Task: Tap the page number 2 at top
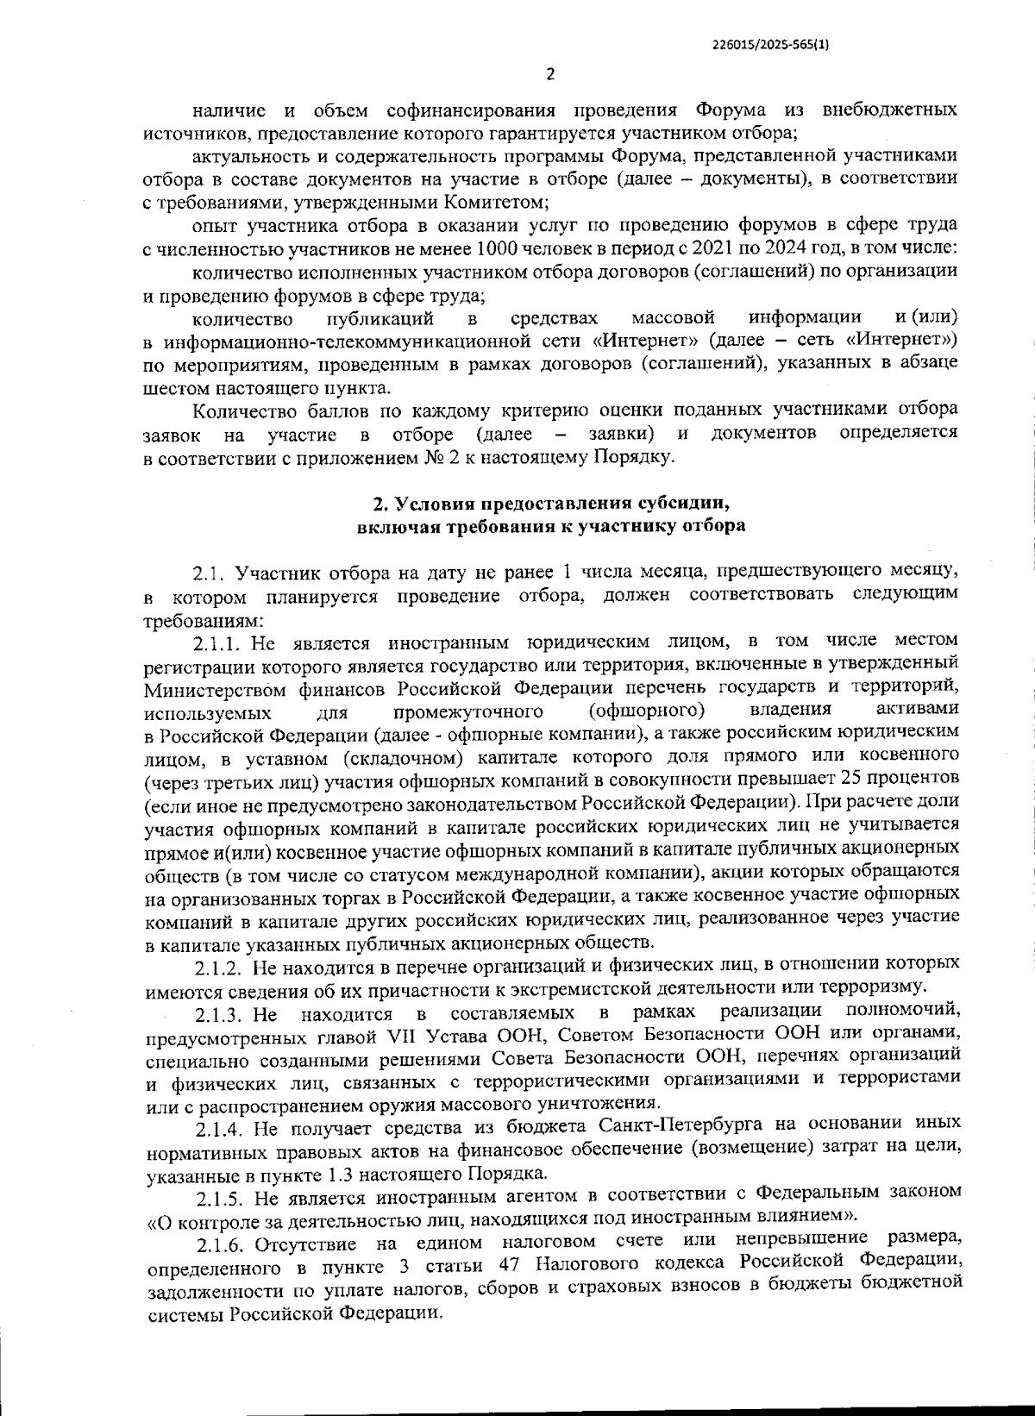[550, 74]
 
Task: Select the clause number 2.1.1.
[221, 642]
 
